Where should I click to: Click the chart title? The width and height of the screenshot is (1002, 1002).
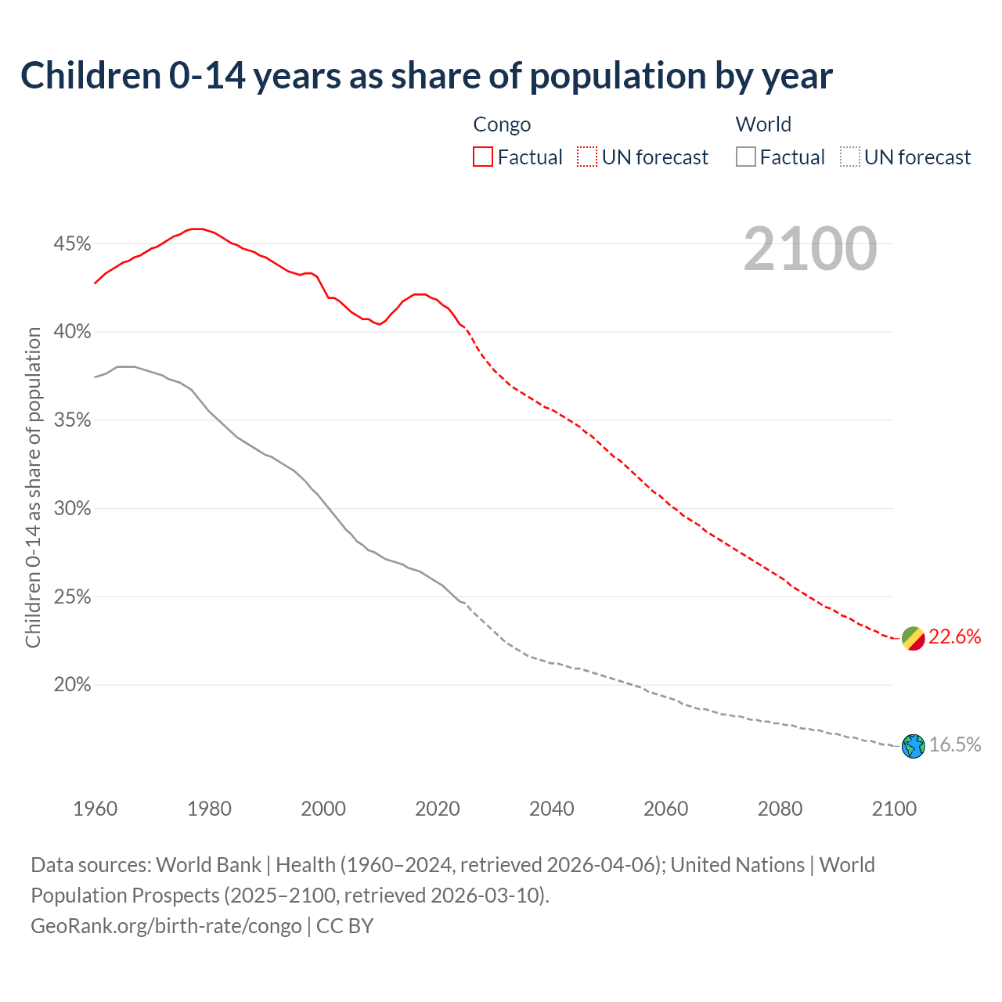pyautogui.click(x=427, y=76)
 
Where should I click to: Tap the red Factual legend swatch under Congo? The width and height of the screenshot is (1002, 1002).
pyautogui.click(x=483, y=157)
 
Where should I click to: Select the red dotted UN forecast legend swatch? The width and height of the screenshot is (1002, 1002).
pyautogui.click(x=587, y=157)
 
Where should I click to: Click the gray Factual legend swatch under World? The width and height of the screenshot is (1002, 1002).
pyautogui.click(x=746, y=157)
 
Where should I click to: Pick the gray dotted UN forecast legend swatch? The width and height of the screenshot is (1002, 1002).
pyautogui.click(x=850, y=157)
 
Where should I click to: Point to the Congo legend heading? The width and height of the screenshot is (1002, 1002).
pyautogui.click(x=502, y=124)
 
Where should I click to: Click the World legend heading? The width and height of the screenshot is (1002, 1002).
pyautogui.click(x=763, y=124)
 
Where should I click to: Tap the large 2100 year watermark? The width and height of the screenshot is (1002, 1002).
pyautogui.click(x=810, y=249)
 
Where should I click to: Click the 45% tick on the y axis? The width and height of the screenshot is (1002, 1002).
pyautogui.click(x=72, y=244)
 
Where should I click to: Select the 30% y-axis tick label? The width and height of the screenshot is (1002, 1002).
pyautogui.click(x=72, y=509)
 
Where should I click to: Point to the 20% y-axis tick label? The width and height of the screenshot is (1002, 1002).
pyautogui.click(x=72, y=685)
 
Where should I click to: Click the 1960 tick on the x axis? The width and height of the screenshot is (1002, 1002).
pyautogui.click(x=95, y=809)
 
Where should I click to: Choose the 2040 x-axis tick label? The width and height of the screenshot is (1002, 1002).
pyautogui.click(x=552, y=809)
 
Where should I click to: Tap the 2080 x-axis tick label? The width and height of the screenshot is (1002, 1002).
pyautogui.click(x=780, y=809)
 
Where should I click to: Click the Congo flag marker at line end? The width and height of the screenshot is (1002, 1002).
pyautogui.click(x=914, y=638)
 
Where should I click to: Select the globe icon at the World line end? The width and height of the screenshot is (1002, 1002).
pyautogui.click(x=914, y=746)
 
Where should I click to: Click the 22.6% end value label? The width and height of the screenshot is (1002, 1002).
pyautogui.click(x=955, y=637)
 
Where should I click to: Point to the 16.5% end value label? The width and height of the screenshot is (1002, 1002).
pyautogui.click(x=955, y=745)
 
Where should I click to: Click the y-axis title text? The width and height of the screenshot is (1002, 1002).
pyautogui.click(x=33, y=487)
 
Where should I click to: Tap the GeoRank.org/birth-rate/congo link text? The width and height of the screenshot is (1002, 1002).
pyautogui.click(x=166, y=926)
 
